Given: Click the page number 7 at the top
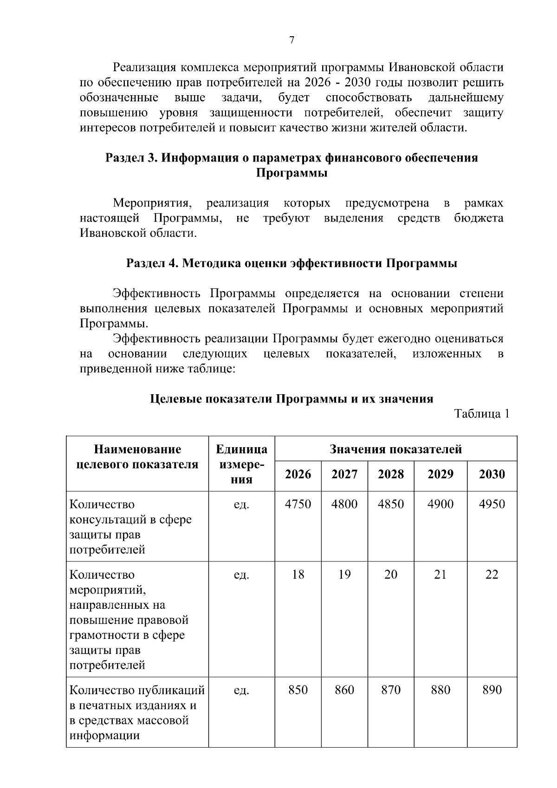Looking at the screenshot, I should coord(291,40).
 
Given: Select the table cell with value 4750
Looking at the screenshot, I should coord(298,504).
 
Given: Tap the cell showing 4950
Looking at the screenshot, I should coord(492,504).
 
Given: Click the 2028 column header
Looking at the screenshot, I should coord(391,474).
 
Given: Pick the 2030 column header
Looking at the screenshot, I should coord(492,474).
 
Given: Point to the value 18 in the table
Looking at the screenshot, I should coord(298,574).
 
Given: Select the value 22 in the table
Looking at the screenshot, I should coord(492,574).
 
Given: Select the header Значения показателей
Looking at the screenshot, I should coord(395,449).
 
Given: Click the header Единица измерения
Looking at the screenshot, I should coord(241,464).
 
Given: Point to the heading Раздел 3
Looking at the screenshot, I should coord(132,158).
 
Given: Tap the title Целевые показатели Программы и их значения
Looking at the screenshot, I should coord(291,399).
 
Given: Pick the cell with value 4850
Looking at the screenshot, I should coord(391,504).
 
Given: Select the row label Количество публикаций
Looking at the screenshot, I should coord(137,690).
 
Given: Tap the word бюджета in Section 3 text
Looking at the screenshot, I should coord(479,218).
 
